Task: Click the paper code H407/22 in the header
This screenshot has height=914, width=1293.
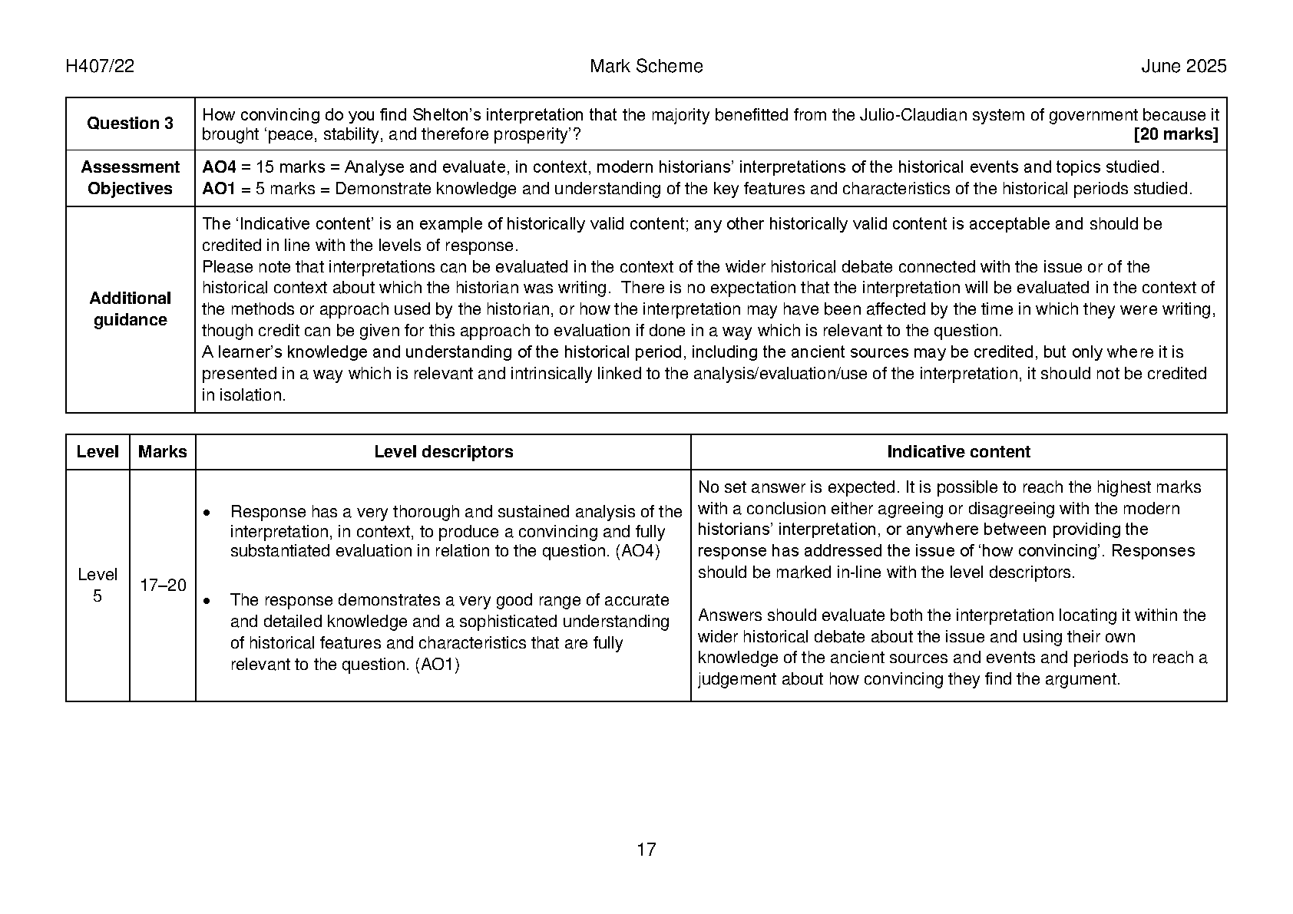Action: tap(100, 67)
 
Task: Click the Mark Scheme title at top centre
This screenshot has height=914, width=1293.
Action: tap(646, 67)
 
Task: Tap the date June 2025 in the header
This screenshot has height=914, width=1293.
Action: tap(1183, 67)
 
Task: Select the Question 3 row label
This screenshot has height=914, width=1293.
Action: tap(130, 124)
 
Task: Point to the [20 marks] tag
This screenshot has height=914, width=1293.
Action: tap(1176, 135)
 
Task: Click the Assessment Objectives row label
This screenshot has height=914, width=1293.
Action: tap(130, 178)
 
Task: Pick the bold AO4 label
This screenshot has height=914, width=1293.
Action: tap(219, 167)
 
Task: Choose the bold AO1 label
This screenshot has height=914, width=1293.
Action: tap(219, 189)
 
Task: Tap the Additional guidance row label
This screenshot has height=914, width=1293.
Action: tap(130, 309)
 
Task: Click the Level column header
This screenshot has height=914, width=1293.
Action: tap(98, 452)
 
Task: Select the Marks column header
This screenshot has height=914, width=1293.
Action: tap(162, 452)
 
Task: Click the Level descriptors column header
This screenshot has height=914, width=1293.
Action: tap(443, 452)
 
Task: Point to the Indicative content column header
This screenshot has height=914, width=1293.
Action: tap(958, 452)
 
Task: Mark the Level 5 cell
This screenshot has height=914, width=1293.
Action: tap(98, 586)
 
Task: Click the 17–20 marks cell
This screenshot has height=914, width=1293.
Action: tap(163, 586)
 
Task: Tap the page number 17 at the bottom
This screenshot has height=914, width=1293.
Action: tap(646, 850)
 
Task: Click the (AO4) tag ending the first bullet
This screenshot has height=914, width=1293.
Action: tap(638, 551)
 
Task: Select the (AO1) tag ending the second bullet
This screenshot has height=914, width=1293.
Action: tap(437, 665)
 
